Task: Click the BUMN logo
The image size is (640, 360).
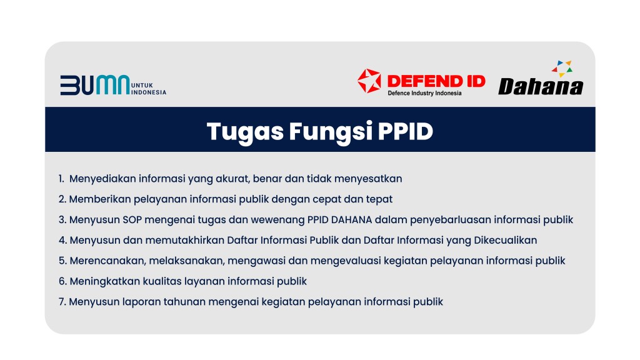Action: click(113, 85)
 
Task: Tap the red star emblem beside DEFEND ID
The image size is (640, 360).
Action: click(369, 81)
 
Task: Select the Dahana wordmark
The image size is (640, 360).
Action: click(541, 86)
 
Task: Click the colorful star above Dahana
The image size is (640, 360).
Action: click(562, 69)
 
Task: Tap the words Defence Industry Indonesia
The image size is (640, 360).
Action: click(424, 93)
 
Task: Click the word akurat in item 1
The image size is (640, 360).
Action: click(232, 179)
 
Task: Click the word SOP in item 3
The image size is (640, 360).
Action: click(132, 219)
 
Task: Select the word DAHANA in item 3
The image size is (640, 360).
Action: click(351, 219)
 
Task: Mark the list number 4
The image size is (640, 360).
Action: click(62, 240)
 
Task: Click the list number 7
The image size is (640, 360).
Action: click(62, 302)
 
